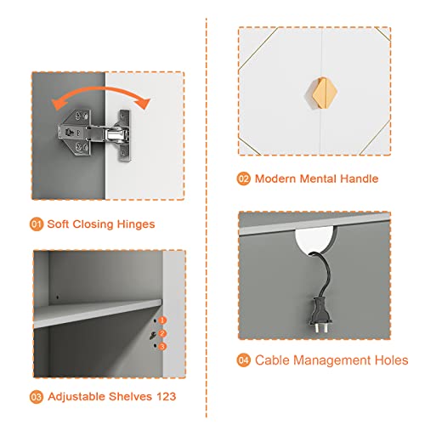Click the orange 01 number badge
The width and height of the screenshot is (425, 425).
tap(37, 224)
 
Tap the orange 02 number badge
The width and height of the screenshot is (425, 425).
tap(244, 178)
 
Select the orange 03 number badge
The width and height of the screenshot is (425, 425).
tap(37, 397)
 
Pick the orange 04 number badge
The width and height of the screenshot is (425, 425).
tap(244, 360)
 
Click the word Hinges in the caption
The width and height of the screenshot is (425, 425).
tap(136, 224)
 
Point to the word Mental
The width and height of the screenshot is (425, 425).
tap(319, 178)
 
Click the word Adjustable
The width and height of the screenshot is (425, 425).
tap(76, 397)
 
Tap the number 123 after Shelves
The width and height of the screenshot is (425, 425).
tap(167, 397)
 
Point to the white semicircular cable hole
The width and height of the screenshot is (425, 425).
tap(315, 241)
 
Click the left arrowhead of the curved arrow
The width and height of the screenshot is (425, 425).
tap(58, 104)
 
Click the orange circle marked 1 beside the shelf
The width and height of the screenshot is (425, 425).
tap(162, 320)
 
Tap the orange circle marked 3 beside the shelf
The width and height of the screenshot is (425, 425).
tap(162, 346)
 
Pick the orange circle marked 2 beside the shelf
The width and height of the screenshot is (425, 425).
tap(162, 333)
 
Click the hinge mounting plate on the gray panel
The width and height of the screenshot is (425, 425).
tap(75, 133)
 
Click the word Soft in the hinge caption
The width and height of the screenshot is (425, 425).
tap(58, 224)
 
